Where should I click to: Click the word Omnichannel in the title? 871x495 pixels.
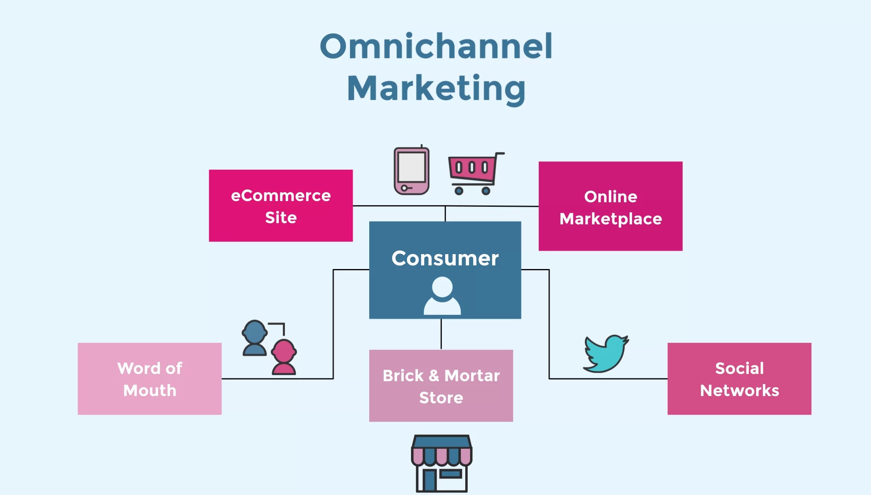436,46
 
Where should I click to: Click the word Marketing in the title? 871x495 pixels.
436,88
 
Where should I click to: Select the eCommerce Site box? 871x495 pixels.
281,206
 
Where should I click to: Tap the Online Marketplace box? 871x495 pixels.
610,207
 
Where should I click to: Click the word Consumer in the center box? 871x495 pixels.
445,258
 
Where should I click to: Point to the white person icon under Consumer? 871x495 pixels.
442,296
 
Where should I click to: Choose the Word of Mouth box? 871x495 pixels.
149,379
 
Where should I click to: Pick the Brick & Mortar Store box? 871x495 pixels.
441,386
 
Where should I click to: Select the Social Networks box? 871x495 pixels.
739,379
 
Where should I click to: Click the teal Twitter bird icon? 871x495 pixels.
605,353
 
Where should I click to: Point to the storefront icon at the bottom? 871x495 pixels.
442,463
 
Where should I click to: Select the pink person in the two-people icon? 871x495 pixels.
284,357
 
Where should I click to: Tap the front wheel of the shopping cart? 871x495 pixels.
459,191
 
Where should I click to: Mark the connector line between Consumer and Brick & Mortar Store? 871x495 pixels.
441,334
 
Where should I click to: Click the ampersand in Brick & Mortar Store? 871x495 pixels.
434,376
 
